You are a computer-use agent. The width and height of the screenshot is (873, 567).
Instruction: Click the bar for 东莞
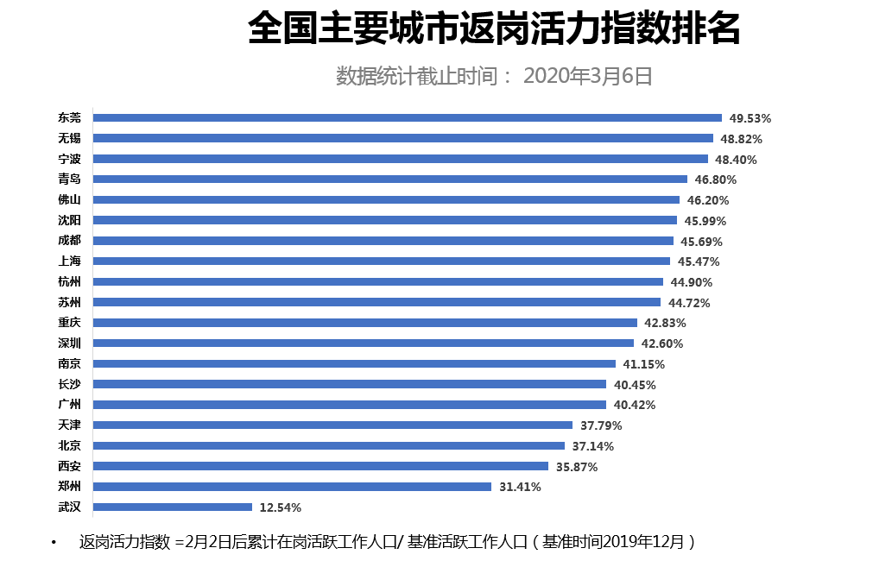tap(407, 118)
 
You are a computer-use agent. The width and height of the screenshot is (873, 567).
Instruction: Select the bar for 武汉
tap(172, 507)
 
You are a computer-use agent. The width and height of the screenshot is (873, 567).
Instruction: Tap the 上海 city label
tap(69, 261)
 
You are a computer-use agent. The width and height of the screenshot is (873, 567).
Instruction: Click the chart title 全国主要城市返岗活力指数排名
tap(493, 29)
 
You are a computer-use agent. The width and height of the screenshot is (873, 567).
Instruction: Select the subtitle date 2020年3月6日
tap(587, 76)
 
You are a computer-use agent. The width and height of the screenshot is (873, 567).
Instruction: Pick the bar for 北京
tap(328, 446)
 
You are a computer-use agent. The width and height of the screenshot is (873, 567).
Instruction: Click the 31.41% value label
tap(520, 487)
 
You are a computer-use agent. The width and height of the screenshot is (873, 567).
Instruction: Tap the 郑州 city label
tap(69, 486)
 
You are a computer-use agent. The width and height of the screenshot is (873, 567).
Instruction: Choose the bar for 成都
tap(383, 241)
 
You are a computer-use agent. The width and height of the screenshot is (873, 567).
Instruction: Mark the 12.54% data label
tap(281, 507)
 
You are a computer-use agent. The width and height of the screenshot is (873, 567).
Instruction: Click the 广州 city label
tap(69, 404)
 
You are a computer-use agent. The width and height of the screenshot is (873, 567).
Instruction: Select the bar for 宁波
tap(400, 159)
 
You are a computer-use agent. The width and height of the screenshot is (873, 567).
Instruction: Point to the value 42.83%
tap(665, 323)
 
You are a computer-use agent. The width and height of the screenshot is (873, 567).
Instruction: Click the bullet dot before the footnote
tap(54, 543)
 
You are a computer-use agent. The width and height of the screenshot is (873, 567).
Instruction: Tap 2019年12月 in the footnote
tap(642, 542)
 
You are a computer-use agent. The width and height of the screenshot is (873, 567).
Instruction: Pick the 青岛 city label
tap(69, 179)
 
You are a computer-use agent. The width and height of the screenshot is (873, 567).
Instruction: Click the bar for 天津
tap(332, 425)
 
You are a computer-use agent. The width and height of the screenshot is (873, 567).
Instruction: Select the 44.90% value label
tap(691, 282)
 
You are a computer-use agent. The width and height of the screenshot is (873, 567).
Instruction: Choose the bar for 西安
tap(320, 466)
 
